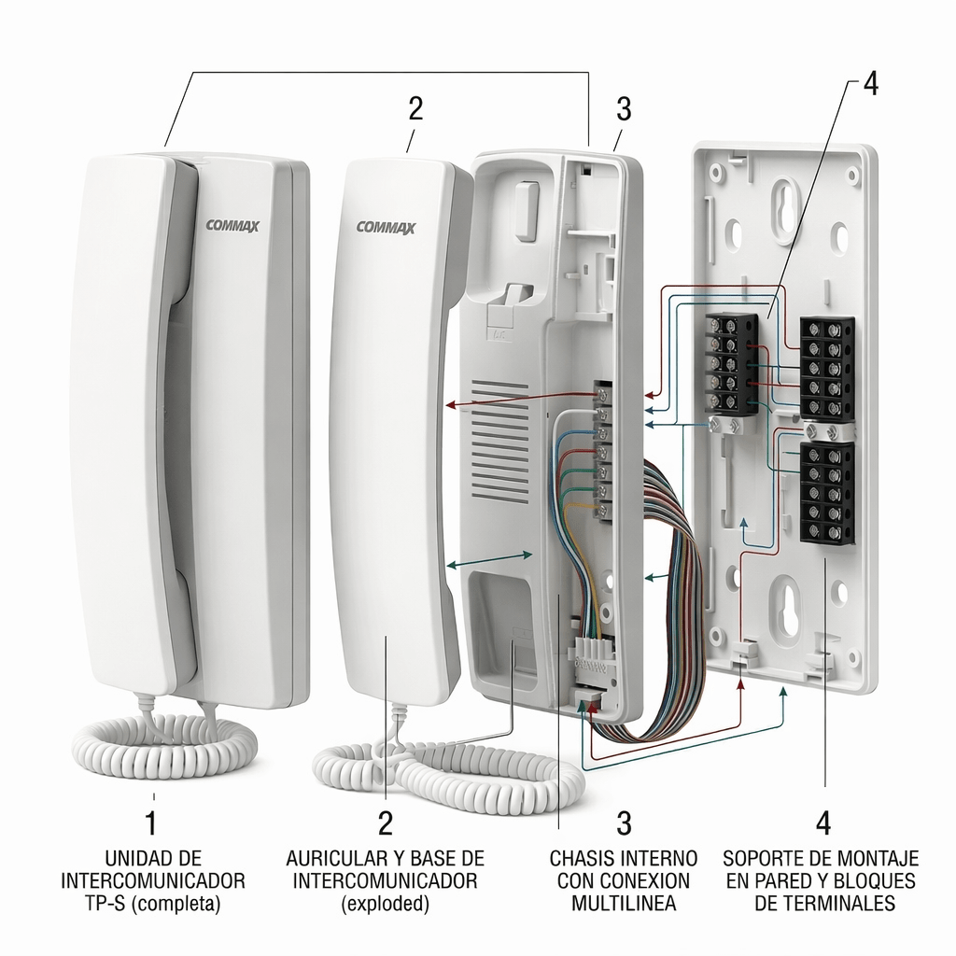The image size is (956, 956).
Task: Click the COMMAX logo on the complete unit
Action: [232, 226]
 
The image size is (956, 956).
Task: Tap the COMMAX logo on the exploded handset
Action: [386, 228]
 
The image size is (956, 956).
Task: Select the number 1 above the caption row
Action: [150, 822]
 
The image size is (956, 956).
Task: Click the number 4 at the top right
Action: [871, 83]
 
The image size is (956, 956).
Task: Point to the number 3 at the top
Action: [623, 109]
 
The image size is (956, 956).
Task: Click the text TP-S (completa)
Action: [153, 903]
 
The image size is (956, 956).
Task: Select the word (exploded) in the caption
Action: [386, 904]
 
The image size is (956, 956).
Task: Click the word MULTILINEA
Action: [623, 903]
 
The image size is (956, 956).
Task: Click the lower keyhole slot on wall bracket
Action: [782, 604]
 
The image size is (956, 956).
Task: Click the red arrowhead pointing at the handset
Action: [450, 404]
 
